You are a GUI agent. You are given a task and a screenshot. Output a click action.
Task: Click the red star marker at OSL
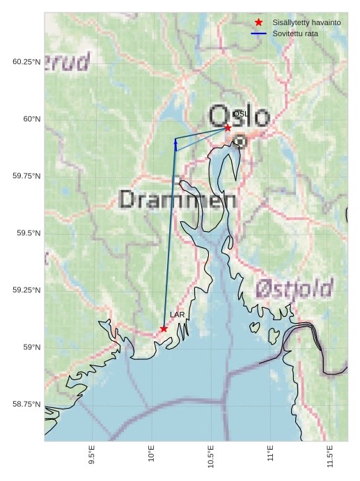228,127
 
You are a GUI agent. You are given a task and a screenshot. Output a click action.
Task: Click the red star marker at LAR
164,329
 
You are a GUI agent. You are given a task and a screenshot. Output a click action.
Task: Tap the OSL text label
240,113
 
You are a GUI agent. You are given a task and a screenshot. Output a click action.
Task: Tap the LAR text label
178,315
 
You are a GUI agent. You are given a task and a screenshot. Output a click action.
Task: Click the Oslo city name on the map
239,116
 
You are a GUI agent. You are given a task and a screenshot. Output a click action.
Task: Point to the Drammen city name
178,200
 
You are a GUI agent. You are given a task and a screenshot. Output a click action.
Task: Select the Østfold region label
294,287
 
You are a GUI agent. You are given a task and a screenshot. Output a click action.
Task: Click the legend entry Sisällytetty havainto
306,22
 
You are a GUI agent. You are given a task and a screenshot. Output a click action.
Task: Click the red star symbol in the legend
259,22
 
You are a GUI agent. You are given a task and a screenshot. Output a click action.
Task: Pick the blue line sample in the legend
259,33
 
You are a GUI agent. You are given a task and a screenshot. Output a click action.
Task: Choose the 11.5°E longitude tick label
330,452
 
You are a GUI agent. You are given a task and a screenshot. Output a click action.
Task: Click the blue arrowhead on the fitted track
175,141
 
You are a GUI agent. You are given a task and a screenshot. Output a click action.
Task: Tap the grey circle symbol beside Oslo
240,141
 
